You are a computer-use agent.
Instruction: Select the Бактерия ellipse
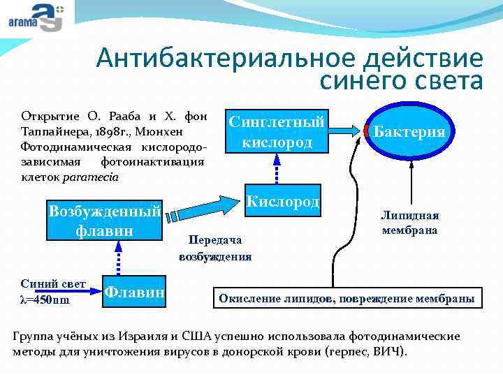[x=409, y=131]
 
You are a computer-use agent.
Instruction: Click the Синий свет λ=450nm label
[x=44, y=292]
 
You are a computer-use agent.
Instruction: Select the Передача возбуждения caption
[x=215, y=248]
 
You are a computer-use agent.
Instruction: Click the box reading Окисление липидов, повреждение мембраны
[x=347, y=299]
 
